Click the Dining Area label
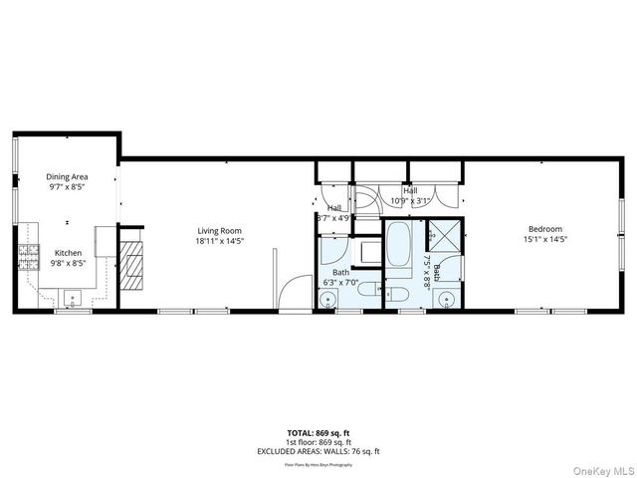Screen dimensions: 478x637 tap(67, 176)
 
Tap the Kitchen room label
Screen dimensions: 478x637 tap(67, 253)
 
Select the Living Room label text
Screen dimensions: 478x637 tap(219, 231)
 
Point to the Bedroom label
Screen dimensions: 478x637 tap(544, 229)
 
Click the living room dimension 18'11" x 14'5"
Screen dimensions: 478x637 tap(219, 241)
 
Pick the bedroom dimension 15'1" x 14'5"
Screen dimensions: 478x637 tap(545, 239)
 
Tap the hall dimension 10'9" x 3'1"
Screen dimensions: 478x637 tap(410, 200)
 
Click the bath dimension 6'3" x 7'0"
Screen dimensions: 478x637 tap(340, 282)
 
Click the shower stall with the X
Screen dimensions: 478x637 tap(443, 238)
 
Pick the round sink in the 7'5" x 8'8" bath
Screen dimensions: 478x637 tap(445, 298)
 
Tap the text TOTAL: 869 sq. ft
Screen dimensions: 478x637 tap(318, 433)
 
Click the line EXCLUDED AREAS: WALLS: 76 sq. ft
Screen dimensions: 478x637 tap(318, 451)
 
